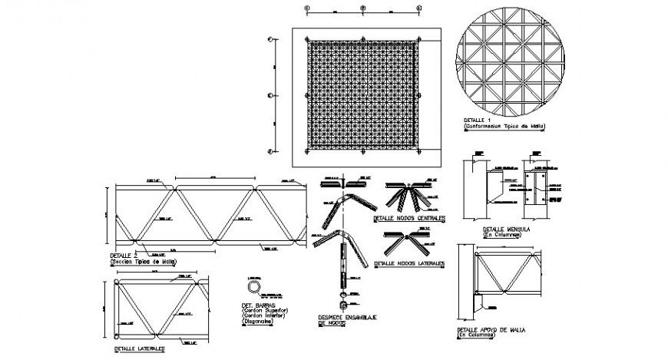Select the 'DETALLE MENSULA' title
point(499,229)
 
